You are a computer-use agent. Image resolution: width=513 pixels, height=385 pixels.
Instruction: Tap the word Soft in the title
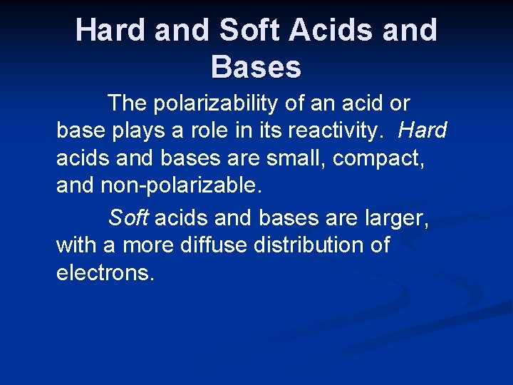pyautogui.click(x=249, y=31)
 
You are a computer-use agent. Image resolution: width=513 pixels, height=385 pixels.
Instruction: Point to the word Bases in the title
pyautogui.click(x=256, y=67)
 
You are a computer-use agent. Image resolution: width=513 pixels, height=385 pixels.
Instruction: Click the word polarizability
pyautogui.click(x=215, y=104)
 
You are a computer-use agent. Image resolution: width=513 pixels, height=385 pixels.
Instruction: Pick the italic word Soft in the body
pyautogui.click(x=128, y=217)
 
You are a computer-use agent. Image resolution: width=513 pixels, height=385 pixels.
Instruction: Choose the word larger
pyautogui.click(x=392, y=217)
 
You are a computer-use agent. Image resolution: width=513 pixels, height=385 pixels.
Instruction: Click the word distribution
pyautogui.click(x=311, y=245)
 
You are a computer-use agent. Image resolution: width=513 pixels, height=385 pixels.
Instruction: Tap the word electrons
pyautogui.click(x=105, y=273)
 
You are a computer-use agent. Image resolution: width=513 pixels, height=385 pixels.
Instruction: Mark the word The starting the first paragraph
pyautogui.click(x=128, y=104)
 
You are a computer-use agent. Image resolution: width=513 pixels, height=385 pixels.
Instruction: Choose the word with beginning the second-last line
pyautogui.click(x=77, y=245)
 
